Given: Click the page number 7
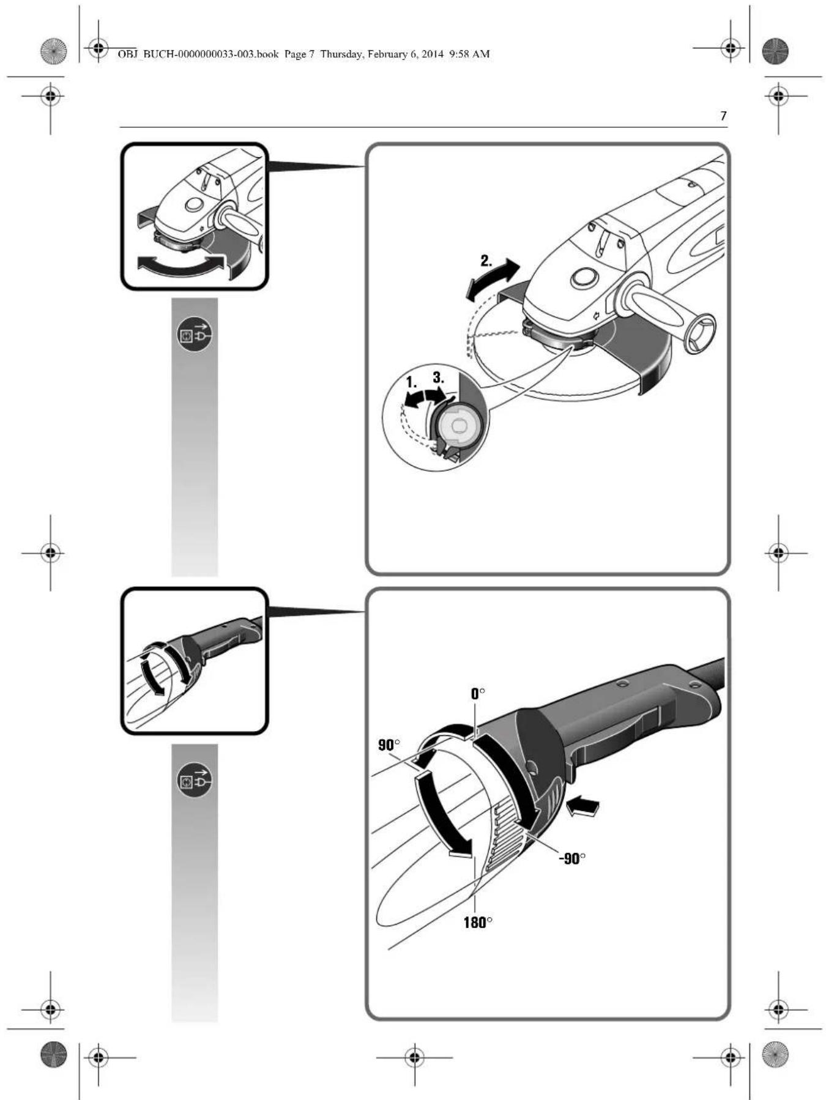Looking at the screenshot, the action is tap(723, 116).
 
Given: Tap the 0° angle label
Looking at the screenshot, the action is tap(478, 693).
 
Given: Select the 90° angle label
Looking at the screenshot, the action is tap(389, 745).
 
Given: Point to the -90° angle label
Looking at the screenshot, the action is tap(572, 858).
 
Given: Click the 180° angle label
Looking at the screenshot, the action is tap(478, 922).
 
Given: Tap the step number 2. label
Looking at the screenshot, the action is tap(486, 261).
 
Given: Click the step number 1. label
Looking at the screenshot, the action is tap(412, 382).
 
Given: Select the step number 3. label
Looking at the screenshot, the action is tap(438, 377).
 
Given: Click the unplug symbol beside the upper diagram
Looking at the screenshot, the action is tap(195, 334).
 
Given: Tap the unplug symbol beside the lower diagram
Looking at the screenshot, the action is tap(195, 780).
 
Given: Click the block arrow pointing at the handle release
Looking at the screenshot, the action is tap(582, 807).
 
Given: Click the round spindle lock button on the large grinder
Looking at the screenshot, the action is tap(586, 278).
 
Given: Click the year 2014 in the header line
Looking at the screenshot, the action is tap(433, 54).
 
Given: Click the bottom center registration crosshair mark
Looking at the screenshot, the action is tap(414, 1057).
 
